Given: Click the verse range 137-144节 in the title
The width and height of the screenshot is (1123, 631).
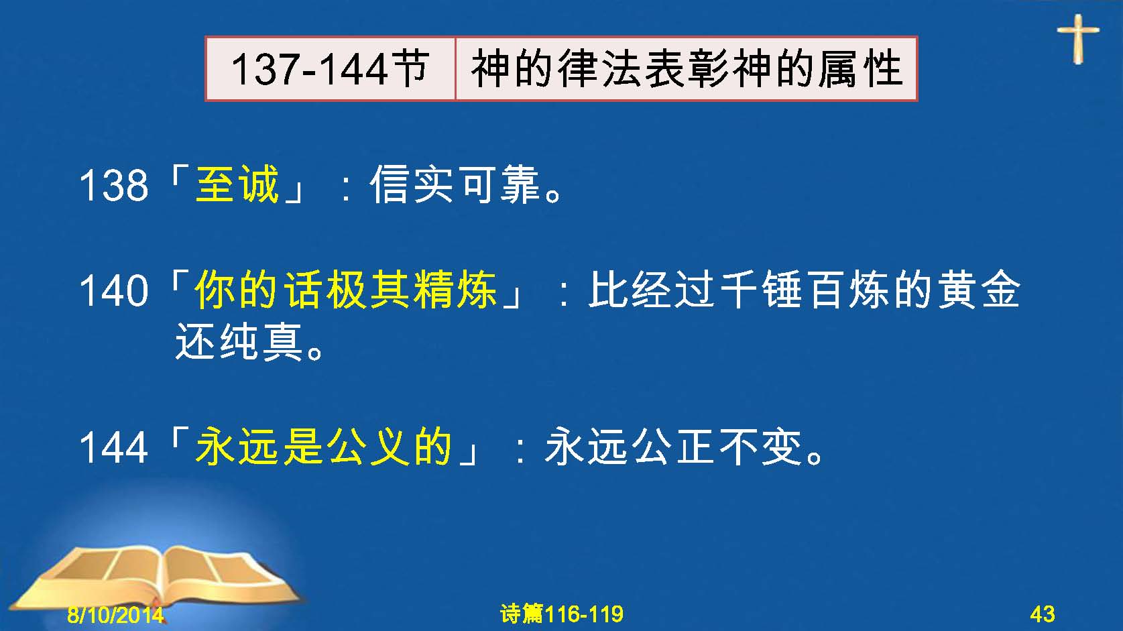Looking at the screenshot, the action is point(329,68).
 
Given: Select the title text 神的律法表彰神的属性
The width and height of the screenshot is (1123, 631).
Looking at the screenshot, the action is point(687,68).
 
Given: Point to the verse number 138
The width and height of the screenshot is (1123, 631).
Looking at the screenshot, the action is point(114,186).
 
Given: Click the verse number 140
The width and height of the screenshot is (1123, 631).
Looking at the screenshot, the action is point(114,291).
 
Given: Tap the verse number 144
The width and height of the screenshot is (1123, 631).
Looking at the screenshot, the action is point(114,447).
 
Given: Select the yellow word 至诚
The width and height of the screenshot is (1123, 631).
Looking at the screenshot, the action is point(237,184).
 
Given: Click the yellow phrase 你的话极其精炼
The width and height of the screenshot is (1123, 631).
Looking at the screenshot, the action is point(346,290).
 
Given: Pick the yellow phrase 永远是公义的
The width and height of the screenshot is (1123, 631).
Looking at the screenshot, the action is point(324,446).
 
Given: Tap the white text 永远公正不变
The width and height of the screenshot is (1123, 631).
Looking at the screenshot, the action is point(674,446).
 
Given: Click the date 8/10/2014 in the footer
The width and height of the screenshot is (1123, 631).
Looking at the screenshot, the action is point(115,614).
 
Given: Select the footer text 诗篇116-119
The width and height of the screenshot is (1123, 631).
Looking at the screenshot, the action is point(562,614).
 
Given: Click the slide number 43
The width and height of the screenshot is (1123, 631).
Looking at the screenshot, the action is point(1043,614).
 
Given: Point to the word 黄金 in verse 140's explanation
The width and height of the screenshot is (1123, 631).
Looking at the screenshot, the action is point(979,290).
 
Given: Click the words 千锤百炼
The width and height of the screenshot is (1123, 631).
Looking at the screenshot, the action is point(805,290).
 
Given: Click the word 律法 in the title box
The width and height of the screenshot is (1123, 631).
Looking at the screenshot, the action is point(600,68).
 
